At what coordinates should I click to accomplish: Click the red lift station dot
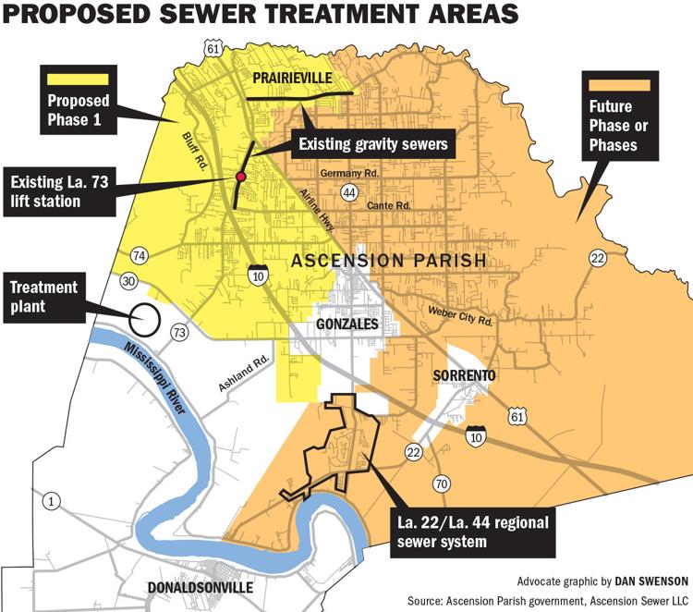tap(241, 176)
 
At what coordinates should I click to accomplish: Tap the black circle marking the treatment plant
tap(143, 318)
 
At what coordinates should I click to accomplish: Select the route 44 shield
tap(348, 192)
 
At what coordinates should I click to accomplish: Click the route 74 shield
tap(140, 255)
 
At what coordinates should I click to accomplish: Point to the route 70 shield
tap(442, 483)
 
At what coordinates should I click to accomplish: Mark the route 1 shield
tap(53, 501)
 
